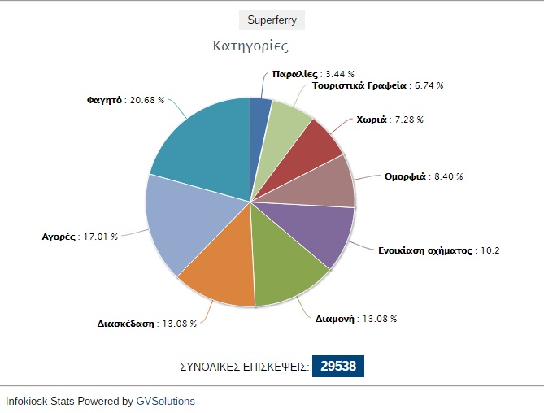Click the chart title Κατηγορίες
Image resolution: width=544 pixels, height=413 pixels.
coord(250,46)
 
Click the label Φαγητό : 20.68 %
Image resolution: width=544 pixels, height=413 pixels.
coord(125,100)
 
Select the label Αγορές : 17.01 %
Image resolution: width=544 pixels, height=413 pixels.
coord(79,237)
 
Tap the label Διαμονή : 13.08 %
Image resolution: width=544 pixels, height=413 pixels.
coord(355,319)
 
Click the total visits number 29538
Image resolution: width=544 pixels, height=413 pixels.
coord(337,367)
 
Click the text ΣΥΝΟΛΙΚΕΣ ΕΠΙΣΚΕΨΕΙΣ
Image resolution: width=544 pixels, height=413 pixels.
coord(244,367)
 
